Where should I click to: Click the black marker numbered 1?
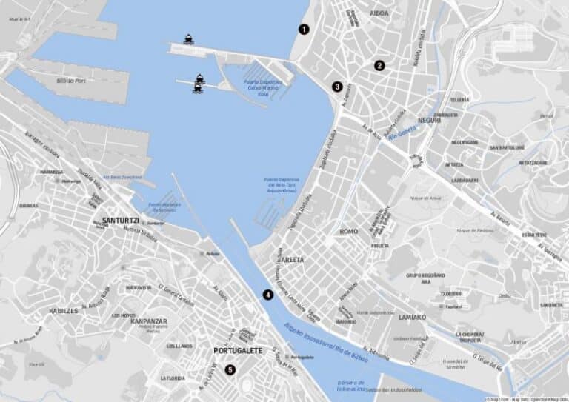click(x=303, y=30)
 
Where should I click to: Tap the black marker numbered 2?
click(x=379, y=65)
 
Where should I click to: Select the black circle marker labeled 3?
click(x=337, y=87)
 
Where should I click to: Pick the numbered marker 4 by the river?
click(x=267, y=294)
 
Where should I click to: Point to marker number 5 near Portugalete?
click(x=230, y=370)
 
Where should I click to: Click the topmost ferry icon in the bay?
click(x=188, y=40)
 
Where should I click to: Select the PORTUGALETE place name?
click(x=239, y=350)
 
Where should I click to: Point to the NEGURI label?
click(x=429, y=120)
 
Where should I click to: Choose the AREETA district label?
click(x=293, y=260)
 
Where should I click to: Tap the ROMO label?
click(x=348, y=232)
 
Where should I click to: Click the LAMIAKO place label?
click(x=410, y=316)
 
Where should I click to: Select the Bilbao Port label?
click(x=71, y=81)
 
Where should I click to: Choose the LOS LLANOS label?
click(x=179, y=346)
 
